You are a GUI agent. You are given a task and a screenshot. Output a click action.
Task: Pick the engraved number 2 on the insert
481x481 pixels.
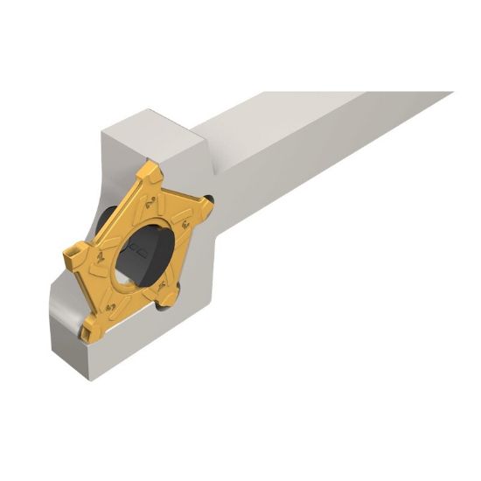(x=150, y=203)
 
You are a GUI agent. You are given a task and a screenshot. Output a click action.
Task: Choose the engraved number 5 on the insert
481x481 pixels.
(x=109, y=308)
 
